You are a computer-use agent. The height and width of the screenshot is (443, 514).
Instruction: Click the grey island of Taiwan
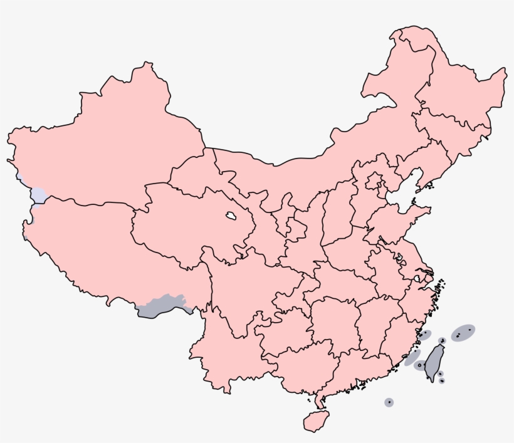[433, 362]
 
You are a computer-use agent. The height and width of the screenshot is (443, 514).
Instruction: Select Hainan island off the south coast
[316, 420]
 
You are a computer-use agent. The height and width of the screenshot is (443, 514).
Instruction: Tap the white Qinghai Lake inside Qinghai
[231, 217]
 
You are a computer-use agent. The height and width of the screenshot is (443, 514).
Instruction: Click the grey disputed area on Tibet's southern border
[162, 306]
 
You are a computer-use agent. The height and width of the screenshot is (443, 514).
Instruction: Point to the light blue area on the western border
[38, 195]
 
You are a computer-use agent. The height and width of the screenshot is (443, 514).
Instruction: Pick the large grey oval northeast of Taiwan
[463, 333]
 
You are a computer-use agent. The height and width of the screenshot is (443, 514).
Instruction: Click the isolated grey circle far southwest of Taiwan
[389, 402]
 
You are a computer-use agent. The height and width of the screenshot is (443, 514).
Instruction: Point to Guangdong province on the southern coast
[351, 370]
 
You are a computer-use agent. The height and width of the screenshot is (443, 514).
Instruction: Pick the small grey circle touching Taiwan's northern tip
[442, 341]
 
